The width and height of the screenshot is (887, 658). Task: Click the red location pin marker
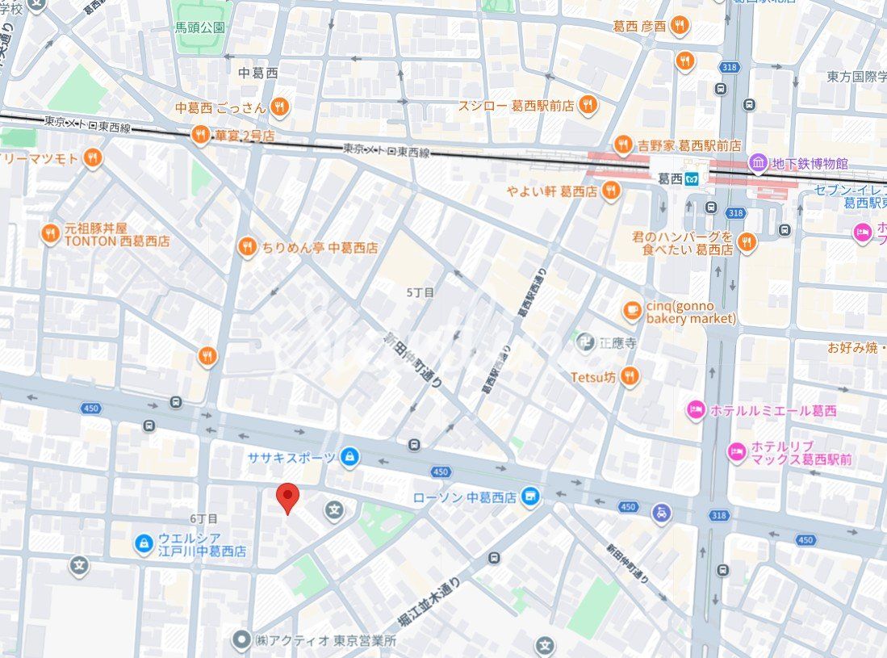pyautogui.click(x=287, y=497)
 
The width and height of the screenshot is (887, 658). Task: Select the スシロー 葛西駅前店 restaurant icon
pyautogui.click(x=588, y=105)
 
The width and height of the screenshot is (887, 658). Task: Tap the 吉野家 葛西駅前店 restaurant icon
pyautogui.click(x=622, y=145)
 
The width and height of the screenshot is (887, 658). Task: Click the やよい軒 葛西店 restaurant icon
pyautogui.click(x=610, y=191)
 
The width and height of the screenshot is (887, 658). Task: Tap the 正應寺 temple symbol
pyautogui.click(x=586, y=342)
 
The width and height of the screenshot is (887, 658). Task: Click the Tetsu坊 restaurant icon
pyautogui.click(x=630, y=376)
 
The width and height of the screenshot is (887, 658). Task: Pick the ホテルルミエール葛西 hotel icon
pyautogui.click(x=696, y=410)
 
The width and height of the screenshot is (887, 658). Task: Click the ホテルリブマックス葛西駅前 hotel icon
pyautogui.click(x=736, y=452)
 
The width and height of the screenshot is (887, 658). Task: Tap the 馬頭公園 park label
pyautogui.click(x=200, y=27)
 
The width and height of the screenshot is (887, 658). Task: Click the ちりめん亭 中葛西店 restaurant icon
pyautogui.click(x=247, y=248)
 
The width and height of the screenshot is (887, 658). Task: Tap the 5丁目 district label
pyautogui.click(x=420, y=292)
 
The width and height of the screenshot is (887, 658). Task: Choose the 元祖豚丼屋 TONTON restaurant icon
pyautogui.click(x=50, y=234)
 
